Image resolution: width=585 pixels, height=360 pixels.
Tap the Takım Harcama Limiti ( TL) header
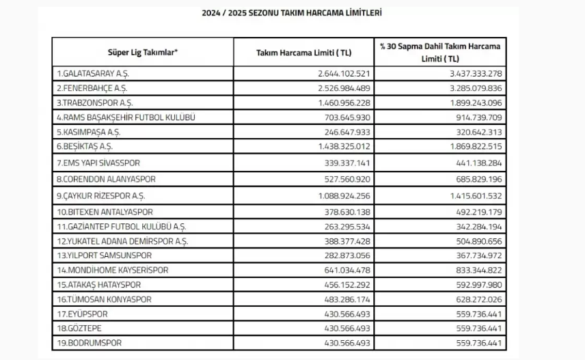tap(303, 53)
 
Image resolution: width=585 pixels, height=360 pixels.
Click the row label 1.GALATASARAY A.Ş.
tap(92, 73)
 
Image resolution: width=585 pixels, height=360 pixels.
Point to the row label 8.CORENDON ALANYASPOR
tap(107, 179)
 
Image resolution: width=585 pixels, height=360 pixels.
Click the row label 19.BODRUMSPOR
tap(84, 342)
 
